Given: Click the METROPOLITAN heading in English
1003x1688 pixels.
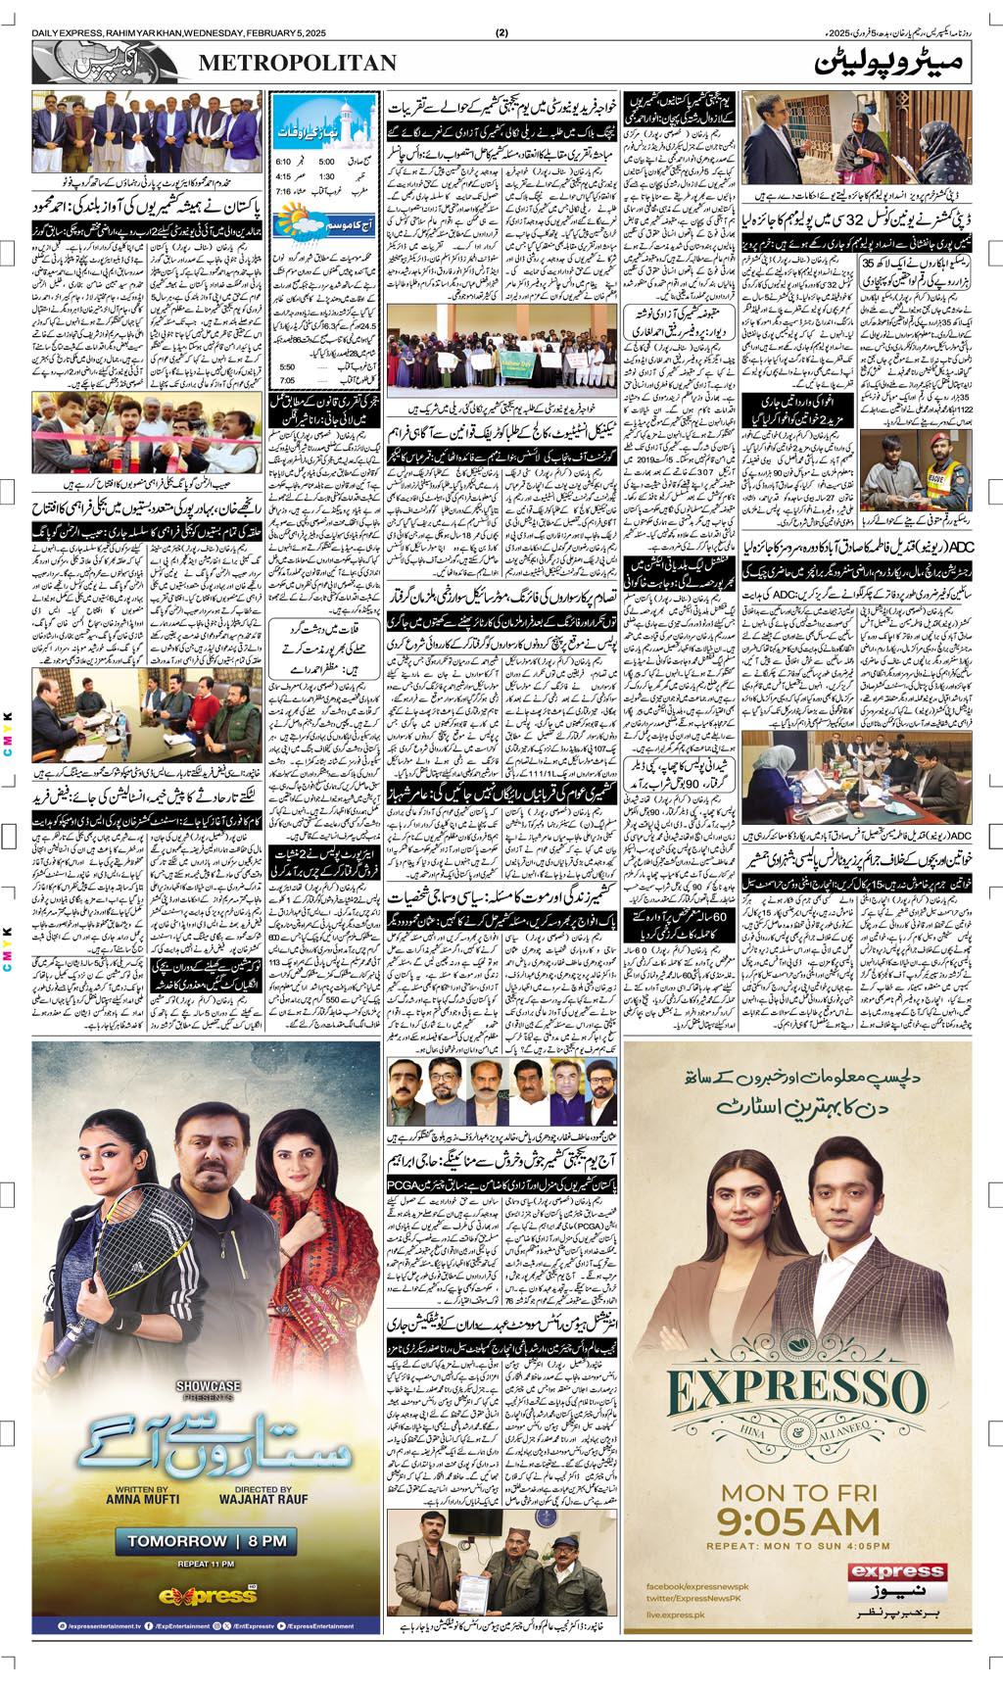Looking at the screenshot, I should tap(298, 64).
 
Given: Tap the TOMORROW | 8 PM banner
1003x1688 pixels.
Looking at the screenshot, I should tap(207, 1541).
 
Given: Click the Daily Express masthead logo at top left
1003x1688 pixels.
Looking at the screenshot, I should tap(108, 64).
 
